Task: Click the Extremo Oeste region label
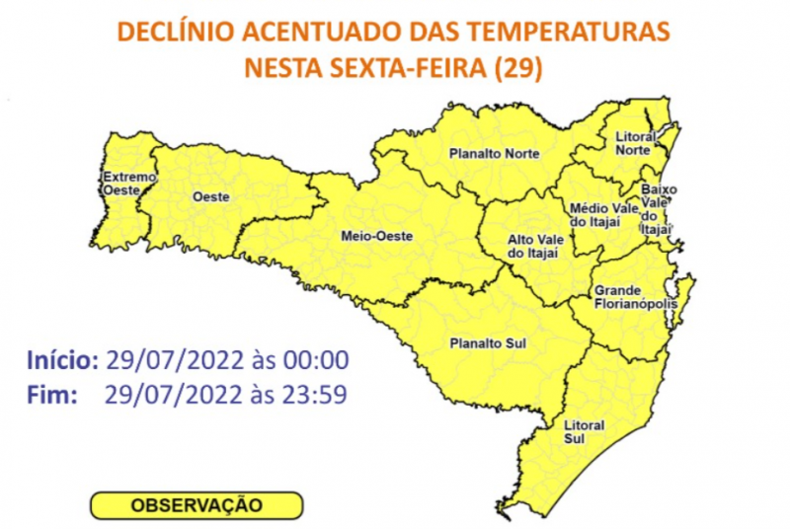(130, 182)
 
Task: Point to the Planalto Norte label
(494, 155)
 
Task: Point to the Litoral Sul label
(583, 431)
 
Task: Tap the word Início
(60, 358)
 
